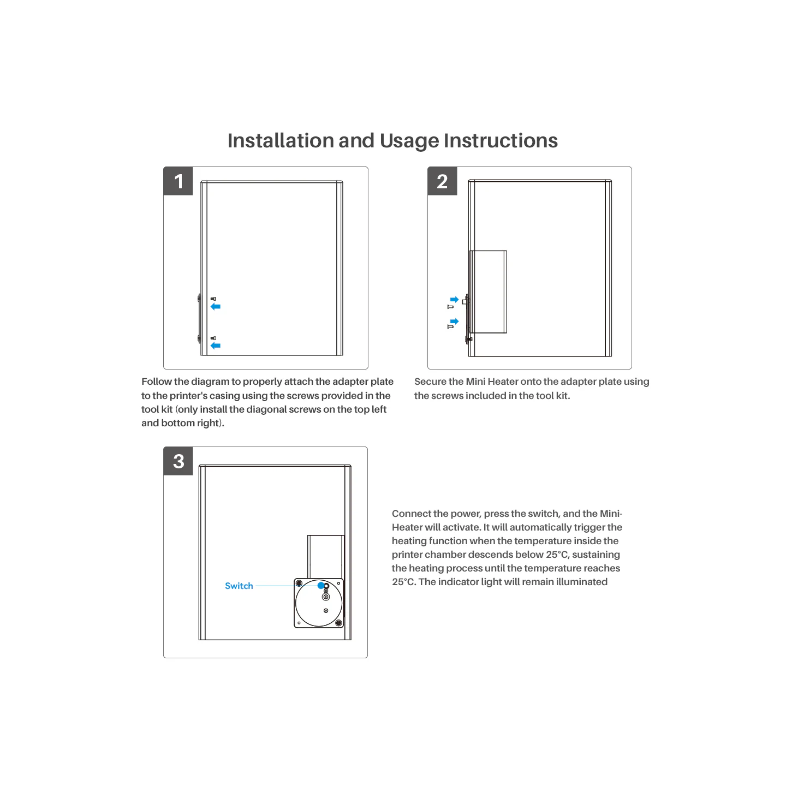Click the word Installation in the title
click(281, 140)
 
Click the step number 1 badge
click(178, 181)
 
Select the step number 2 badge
click(442, 181)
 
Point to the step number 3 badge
click(178, 461)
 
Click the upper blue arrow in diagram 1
click(216, 306)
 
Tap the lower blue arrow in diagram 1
click(216, 346)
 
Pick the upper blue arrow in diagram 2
click(454, 300)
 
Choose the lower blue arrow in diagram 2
click(454, 321)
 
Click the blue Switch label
click(239, 586)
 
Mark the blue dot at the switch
click(321, 586)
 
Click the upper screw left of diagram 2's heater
click(450, 306)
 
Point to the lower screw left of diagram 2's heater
click(450, 326)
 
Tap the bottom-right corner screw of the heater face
click(338, 623)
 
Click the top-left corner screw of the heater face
click(299, 583)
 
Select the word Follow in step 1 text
click(156, 382)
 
